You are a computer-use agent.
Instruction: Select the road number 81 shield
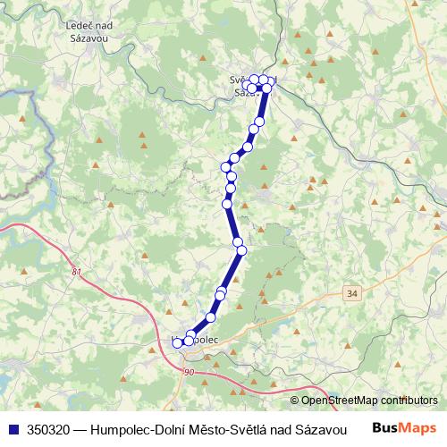click(x=75, y=272)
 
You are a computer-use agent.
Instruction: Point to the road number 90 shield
click(x=188, y=371)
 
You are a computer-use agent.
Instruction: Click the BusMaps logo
click(x=405, y=428)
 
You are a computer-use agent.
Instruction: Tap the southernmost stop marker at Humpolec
click(x=177, y=343)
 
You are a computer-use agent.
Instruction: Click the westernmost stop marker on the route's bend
click(x=226, y=166)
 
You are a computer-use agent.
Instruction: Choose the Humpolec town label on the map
click(x=195, y=341)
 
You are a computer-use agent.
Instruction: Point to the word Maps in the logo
click(x=418, y=428)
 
